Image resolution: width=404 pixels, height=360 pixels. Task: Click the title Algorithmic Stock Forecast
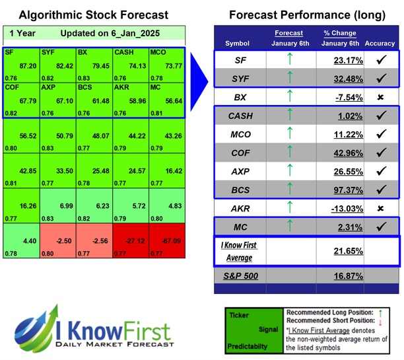click(x=93, y=15)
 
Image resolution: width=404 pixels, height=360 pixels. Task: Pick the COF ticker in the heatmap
click(x=11, y=87)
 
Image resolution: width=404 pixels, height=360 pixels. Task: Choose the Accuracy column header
click(x=379, y=44)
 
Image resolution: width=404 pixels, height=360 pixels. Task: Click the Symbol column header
click(x=238, y=44)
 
